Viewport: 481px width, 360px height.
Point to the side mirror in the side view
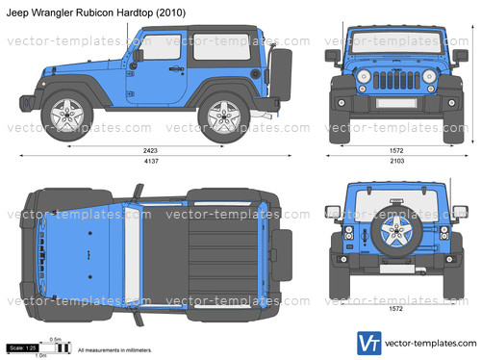(x=139, y=57)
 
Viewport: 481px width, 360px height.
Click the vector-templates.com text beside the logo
(x=429, y=343)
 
